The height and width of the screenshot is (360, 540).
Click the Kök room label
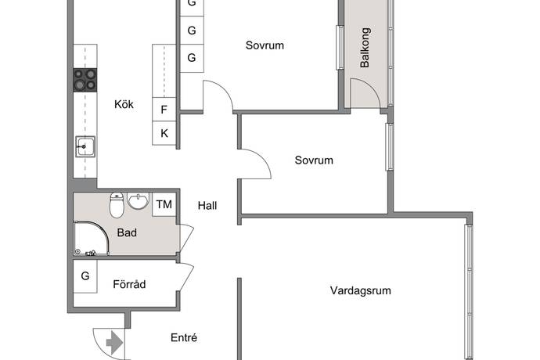pos(124,104)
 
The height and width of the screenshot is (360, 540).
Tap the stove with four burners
pos(85,80)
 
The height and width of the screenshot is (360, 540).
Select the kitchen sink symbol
pos(85,146)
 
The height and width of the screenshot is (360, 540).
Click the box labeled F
pos(164,110)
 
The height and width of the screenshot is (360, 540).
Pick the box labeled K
pos(164,133)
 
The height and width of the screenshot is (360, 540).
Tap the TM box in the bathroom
pos(164,204)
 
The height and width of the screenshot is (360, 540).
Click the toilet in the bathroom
pos(117,205)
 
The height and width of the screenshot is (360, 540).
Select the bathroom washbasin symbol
pos(138,201)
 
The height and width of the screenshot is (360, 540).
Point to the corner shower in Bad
pos(92,239)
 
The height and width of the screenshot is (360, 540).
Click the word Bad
pos(127,233)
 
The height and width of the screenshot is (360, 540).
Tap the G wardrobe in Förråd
pos(85,276)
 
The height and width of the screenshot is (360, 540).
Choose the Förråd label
pos(129,284)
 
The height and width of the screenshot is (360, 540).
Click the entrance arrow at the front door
pos(115,343)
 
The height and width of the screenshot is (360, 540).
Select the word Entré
pos(184,337)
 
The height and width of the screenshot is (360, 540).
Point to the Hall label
pos(207,206)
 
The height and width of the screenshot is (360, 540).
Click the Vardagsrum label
pos(361,290)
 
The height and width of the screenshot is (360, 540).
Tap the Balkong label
pos(365,48)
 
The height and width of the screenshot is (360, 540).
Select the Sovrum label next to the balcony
pos(265,45)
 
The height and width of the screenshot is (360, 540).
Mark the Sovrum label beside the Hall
pos(314,160)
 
